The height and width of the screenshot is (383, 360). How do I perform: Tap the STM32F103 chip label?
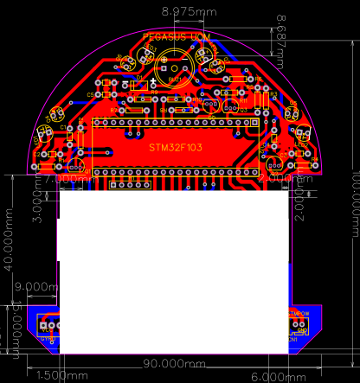176,148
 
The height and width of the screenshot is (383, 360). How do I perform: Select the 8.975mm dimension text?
190,11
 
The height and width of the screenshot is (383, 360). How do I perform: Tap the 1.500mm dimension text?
57,376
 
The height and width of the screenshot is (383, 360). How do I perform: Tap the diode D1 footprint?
136,84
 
